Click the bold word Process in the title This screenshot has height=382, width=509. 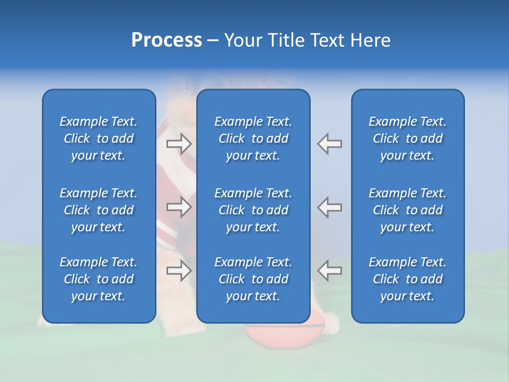(166, 40)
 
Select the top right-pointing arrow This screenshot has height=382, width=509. (179, 143)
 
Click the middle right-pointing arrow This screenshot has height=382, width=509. (179, 207)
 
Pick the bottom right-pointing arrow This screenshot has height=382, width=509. (179, 271)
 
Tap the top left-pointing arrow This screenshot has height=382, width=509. (330, 143)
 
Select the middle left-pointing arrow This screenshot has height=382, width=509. (330, 207)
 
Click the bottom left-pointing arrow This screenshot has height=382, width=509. (330, 271)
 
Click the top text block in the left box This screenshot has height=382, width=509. (99, 138)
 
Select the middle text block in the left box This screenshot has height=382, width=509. (99, 210)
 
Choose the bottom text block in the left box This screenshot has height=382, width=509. (99, 279)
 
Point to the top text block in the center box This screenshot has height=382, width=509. (253, 138)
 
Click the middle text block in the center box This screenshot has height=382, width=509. (253, 210)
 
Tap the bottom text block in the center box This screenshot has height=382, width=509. (253, 279)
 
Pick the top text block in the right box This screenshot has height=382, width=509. (407, 138)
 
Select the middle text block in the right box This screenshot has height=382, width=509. (407, 210)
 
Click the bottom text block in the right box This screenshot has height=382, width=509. (407, 279)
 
